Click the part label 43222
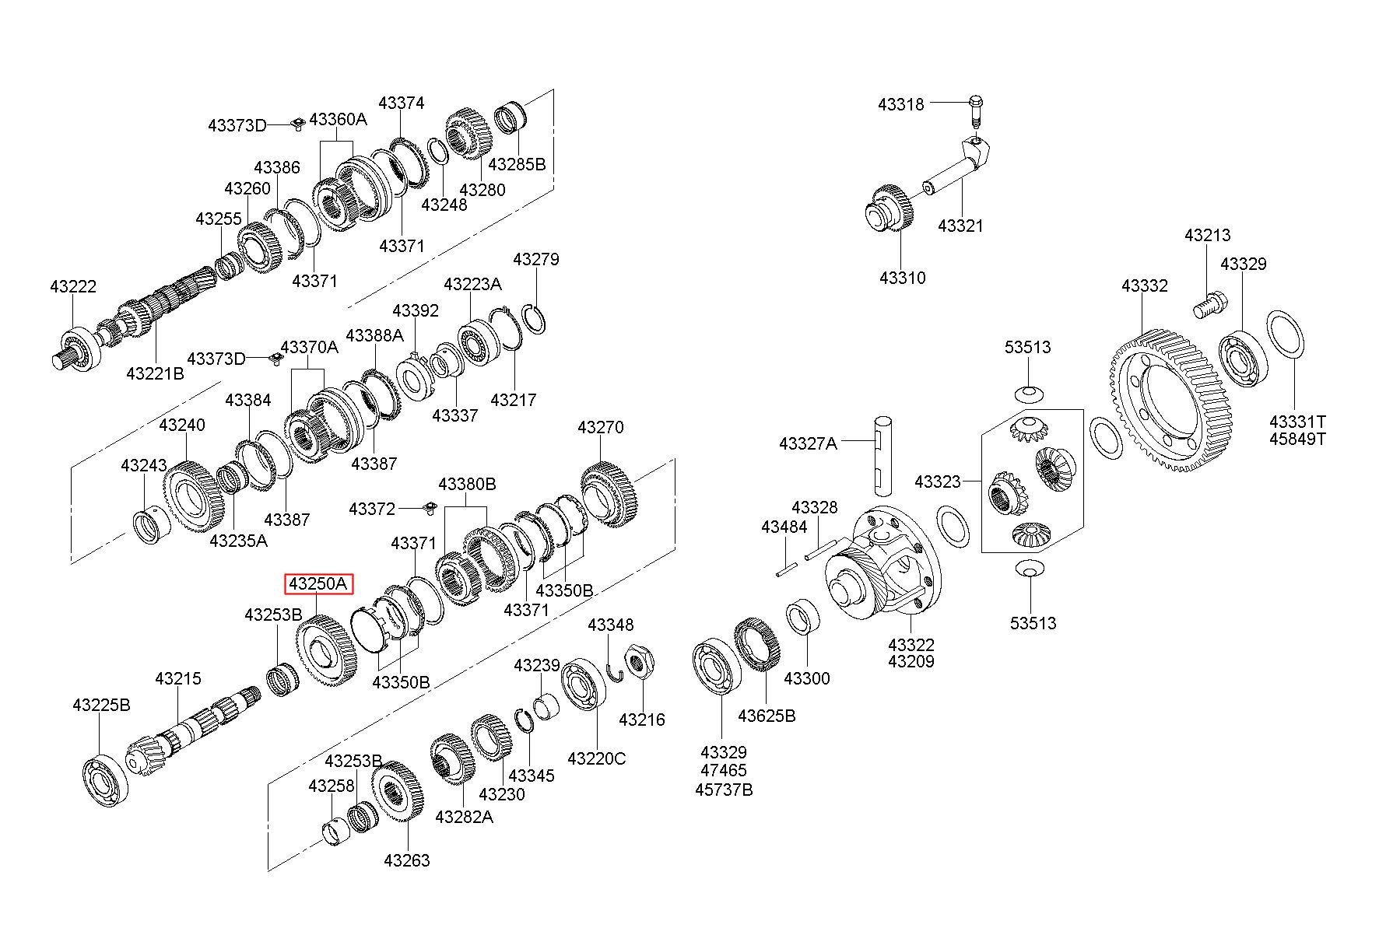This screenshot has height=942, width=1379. [73, 286]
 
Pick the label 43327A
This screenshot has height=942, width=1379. [808, 443]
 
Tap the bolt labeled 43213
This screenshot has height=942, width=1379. [1209, 303]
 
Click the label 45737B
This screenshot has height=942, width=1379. [724, 790]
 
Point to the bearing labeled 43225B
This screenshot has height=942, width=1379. [104, 779]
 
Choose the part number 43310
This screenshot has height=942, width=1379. [903, 278]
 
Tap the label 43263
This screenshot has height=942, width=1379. [406, 860]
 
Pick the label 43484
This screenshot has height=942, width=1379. [784, 527]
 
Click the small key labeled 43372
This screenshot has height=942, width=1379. [426, 509]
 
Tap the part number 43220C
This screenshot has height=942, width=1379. [597, 758]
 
